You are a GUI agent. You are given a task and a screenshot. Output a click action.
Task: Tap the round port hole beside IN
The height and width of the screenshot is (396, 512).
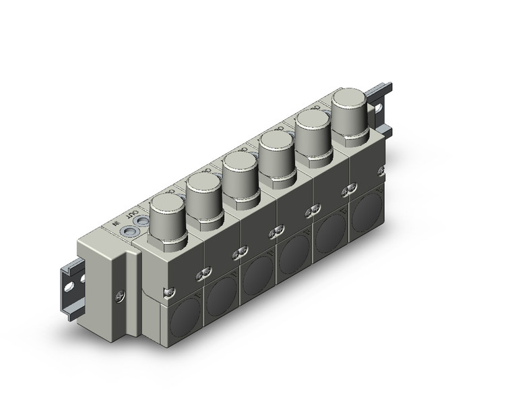(126, 231)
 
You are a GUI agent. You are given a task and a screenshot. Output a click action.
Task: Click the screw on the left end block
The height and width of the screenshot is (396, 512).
(120, 294)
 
